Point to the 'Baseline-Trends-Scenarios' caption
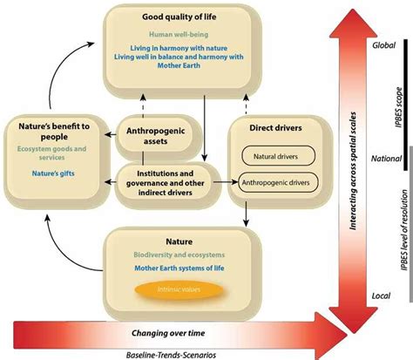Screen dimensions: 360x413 click(171, 353)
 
